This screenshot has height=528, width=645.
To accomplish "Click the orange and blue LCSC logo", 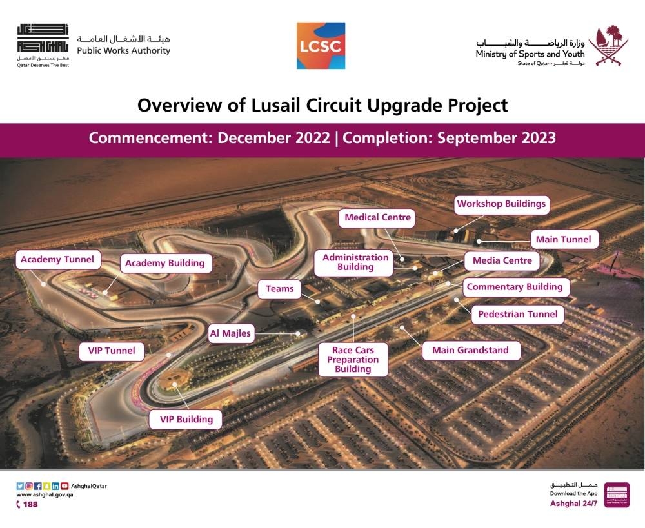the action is point(321,46).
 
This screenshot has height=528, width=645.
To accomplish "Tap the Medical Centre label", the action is point(377,217).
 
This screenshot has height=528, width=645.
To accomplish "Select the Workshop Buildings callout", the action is point(501,204).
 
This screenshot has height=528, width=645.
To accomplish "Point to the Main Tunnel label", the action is point(564,239).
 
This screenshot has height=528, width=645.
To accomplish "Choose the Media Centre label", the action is point(502,260).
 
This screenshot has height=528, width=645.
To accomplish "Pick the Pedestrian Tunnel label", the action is point(517,315).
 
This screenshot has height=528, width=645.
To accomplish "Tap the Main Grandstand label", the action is point(471,350).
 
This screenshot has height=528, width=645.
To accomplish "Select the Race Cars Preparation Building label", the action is point(353,359).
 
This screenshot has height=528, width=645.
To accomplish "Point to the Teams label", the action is point(279,289).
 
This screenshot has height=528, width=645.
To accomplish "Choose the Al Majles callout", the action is point(231,333).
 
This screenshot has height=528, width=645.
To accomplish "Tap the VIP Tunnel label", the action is point(112,351).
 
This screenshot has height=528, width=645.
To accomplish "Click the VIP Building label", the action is point(186,420).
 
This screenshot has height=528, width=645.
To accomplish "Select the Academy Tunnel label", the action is point(57,259).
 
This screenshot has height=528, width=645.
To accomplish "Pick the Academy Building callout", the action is point(165,263).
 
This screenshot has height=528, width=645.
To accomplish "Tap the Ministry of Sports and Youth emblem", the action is point(608,46).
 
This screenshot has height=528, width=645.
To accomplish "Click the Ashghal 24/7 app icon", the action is point(617,494).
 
